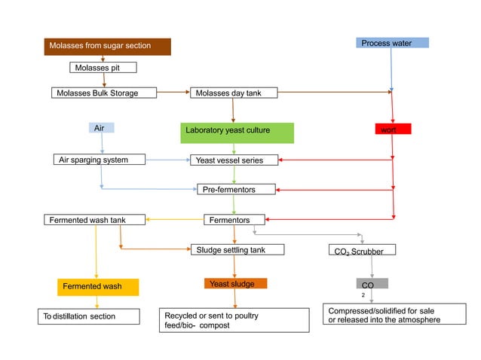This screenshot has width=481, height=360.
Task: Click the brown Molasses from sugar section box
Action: click(107, 46)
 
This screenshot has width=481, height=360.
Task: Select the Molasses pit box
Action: click(104, 68)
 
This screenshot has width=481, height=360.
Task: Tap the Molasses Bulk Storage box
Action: click(104, 93)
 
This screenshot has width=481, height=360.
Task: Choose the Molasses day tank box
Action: click(234, 93)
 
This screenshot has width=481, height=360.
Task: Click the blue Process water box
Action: click(391, 43)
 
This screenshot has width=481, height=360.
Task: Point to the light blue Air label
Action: click(101, 128)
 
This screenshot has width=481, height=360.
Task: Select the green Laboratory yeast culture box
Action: click(237, 133)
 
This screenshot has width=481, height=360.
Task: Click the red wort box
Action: click(391, 130)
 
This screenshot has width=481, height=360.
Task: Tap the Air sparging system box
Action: click(100, 160)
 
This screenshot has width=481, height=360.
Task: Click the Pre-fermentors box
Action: click(236, 189)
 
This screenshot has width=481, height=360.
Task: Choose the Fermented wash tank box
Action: click(94, 220)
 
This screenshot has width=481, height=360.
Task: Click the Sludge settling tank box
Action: click(236, 249)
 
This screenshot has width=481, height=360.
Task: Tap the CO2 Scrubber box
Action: click(362, 250)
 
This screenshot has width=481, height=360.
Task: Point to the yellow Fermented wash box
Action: click(98, 287)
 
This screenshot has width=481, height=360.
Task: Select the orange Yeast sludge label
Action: click(235, 284)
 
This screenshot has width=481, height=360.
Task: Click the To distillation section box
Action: click(89, 316)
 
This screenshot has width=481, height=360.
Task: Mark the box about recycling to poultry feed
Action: click(234, 320)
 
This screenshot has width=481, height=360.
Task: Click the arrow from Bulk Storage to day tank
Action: click(174, 93)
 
